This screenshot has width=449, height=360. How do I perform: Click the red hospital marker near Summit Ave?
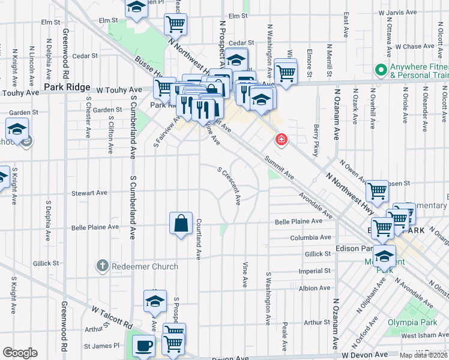pos(280,140)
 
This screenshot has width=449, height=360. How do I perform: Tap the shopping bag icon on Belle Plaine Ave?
pos(181,224)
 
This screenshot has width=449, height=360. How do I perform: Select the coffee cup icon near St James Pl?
pos(143,346)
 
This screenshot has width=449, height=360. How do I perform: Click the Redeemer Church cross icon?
pos(103,266)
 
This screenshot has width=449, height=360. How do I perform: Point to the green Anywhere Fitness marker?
pos(380,70)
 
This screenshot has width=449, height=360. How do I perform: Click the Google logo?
pos(20,352)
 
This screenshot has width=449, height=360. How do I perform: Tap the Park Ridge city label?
pos(62,88)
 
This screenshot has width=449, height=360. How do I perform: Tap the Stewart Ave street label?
pos(89,193)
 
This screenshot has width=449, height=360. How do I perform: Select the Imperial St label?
pos(315,271)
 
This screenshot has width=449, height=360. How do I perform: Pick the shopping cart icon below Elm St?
pos(176,24)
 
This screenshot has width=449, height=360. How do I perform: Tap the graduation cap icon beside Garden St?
pos(17,129)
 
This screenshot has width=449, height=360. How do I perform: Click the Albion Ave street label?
pos(315,288)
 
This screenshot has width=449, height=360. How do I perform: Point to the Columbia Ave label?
pos(311,238)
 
